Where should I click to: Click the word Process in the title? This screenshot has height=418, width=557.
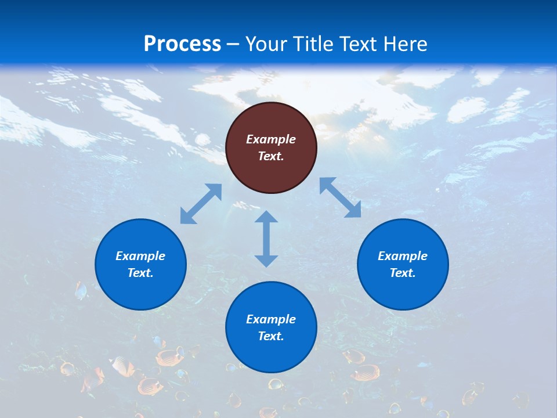[182, 44]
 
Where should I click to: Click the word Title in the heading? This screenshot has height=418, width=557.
[312, 44]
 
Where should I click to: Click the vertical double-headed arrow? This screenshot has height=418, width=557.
[266, 239]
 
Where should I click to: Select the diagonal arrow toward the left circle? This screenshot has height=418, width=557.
[201, 204]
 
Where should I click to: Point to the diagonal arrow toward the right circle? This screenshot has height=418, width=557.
[341, 197]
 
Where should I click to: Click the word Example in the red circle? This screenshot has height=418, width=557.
[271, 139]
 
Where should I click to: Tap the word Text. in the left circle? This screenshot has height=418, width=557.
[140, 273]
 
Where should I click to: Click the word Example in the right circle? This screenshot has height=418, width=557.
[403, 256]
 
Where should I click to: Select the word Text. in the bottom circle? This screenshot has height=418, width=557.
[271, 336]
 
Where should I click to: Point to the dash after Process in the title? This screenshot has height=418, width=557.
[233, 44]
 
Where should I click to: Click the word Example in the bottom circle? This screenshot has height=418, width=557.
[271, 319]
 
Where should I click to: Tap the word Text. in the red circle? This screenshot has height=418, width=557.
[271, 156]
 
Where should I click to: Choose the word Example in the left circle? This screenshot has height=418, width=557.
[140, 256]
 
